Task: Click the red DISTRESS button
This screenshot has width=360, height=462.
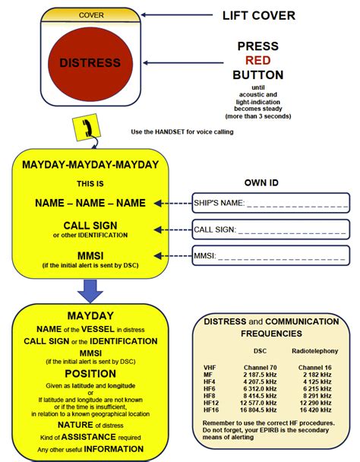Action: [90, 62]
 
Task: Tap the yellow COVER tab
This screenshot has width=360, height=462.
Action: [91, 14]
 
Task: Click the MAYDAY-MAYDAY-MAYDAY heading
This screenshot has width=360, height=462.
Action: [90, 164]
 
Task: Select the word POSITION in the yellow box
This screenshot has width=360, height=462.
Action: [90, 373]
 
